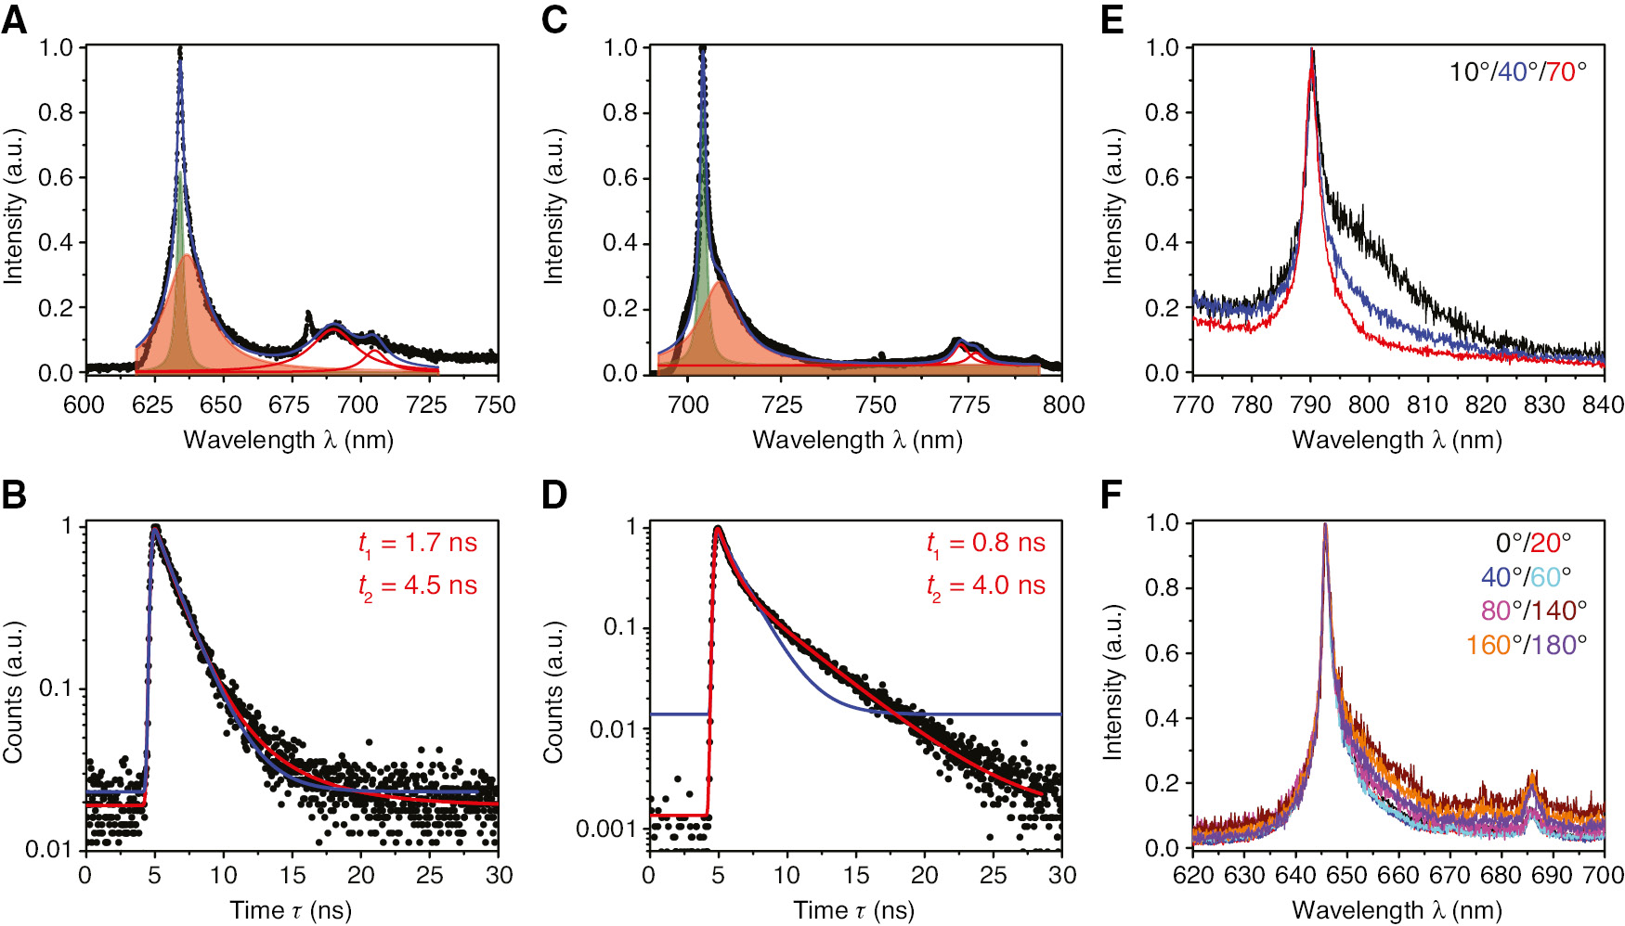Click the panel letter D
pyautogui.click(x=554, y=495)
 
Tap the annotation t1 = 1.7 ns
pyautogui.click(x=418, y=543)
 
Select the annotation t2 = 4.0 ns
pyautogui.click(x=986, y=585)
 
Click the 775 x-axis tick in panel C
pyautogui.click(x=970, y=405)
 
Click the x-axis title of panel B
pyautogui.click(x=291, y=910)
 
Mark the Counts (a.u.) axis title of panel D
pyautogui.click(x=554, y=691)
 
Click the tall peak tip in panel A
pyautogui.click(x=179, y=49)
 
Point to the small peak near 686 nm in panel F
pyautogui.click(x=1531, y=773)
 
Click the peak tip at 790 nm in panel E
pyautogui.click(x=1311, y=51)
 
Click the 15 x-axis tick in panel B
pyautogui.click(x=292, y=876)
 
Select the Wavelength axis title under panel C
pyautogui.click(x=857, y=440)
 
